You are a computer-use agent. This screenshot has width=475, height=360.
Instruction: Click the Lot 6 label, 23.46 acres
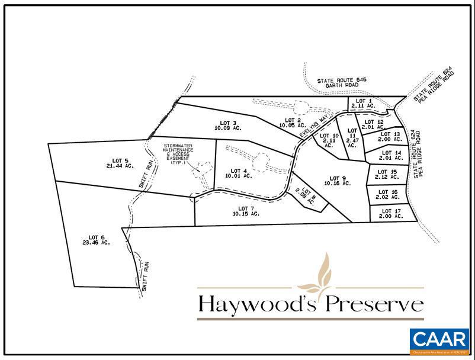coord(97,239)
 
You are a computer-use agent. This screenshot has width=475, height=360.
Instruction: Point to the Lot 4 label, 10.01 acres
coord(239,173)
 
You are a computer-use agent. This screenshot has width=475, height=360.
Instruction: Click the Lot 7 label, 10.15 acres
coord(246,211)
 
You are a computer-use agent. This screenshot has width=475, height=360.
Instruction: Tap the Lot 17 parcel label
coord(391,214)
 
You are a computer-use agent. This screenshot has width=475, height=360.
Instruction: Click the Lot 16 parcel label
coord(387,195)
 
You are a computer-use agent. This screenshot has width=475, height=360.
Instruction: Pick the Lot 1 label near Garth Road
coord(361,104)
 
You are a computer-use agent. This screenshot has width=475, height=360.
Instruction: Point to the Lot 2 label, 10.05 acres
coord(293,123)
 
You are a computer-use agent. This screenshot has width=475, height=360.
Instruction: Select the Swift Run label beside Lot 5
coord(146,175)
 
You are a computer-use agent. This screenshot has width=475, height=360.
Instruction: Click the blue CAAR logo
coord(438,341)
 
